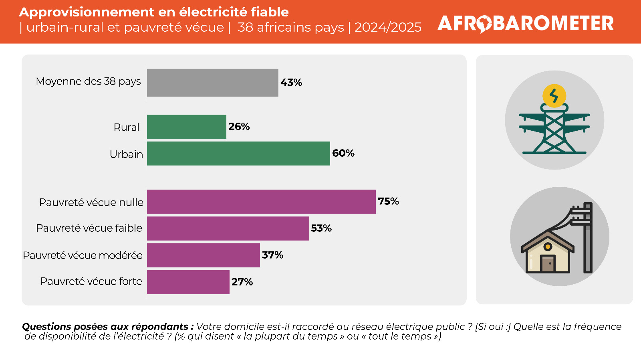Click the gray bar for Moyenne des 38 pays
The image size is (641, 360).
213,83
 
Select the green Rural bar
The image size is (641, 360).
187,127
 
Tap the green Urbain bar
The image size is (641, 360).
238,154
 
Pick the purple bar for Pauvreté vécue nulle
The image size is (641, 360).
261,202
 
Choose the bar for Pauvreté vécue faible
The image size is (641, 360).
228,229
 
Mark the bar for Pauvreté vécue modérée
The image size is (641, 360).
204,255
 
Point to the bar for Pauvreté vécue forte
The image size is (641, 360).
188,282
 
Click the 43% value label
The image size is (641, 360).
291,83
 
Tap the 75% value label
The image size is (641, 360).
388,201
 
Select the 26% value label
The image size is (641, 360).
239,126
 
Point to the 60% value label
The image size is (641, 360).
343,153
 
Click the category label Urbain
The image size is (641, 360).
126,154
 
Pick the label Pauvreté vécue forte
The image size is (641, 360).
91,281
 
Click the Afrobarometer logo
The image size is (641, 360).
525,24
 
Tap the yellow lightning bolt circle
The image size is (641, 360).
554,96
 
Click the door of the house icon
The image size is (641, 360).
548,263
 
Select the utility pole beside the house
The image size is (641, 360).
587,238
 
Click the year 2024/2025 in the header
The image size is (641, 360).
388,28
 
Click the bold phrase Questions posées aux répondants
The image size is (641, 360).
108,326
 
